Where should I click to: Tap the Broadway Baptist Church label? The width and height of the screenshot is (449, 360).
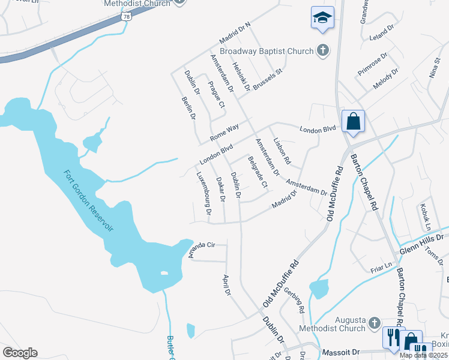point(267,51)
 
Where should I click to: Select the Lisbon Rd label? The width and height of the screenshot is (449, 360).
point(282,152)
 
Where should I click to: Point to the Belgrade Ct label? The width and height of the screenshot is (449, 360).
point(257,172)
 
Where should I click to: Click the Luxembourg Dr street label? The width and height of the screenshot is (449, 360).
point(204,193)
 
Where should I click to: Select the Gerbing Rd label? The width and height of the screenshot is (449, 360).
point(295,301)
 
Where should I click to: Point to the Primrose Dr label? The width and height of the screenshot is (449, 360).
point(373,64)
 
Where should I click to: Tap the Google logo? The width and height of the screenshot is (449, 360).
point(20,353)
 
